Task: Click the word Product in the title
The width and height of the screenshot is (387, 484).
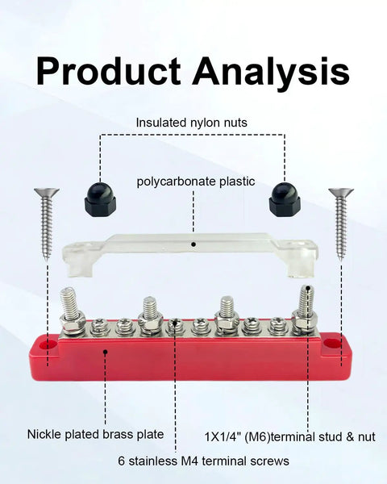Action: [108, 72]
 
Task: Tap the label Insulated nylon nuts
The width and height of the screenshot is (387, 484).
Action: [192, 123]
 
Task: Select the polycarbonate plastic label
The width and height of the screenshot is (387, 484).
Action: [196, 181]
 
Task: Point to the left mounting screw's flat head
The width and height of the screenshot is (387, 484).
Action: [47, 192]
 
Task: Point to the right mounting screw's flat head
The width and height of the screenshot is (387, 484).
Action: [341, 192]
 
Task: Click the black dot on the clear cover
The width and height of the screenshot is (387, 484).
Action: [193, 244]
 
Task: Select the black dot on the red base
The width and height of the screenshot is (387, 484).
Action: [106, 352]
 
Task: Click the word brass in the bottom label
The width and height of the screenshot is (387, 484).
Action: [116, 434]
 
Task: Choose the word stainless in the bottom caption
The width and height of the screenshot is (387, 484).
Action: [152, 461]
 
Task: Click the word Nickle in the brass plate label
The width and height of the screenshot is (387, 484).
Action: [44, 434]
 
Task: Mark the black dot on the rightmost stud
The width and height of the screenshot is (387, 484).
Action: [308, 289]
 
